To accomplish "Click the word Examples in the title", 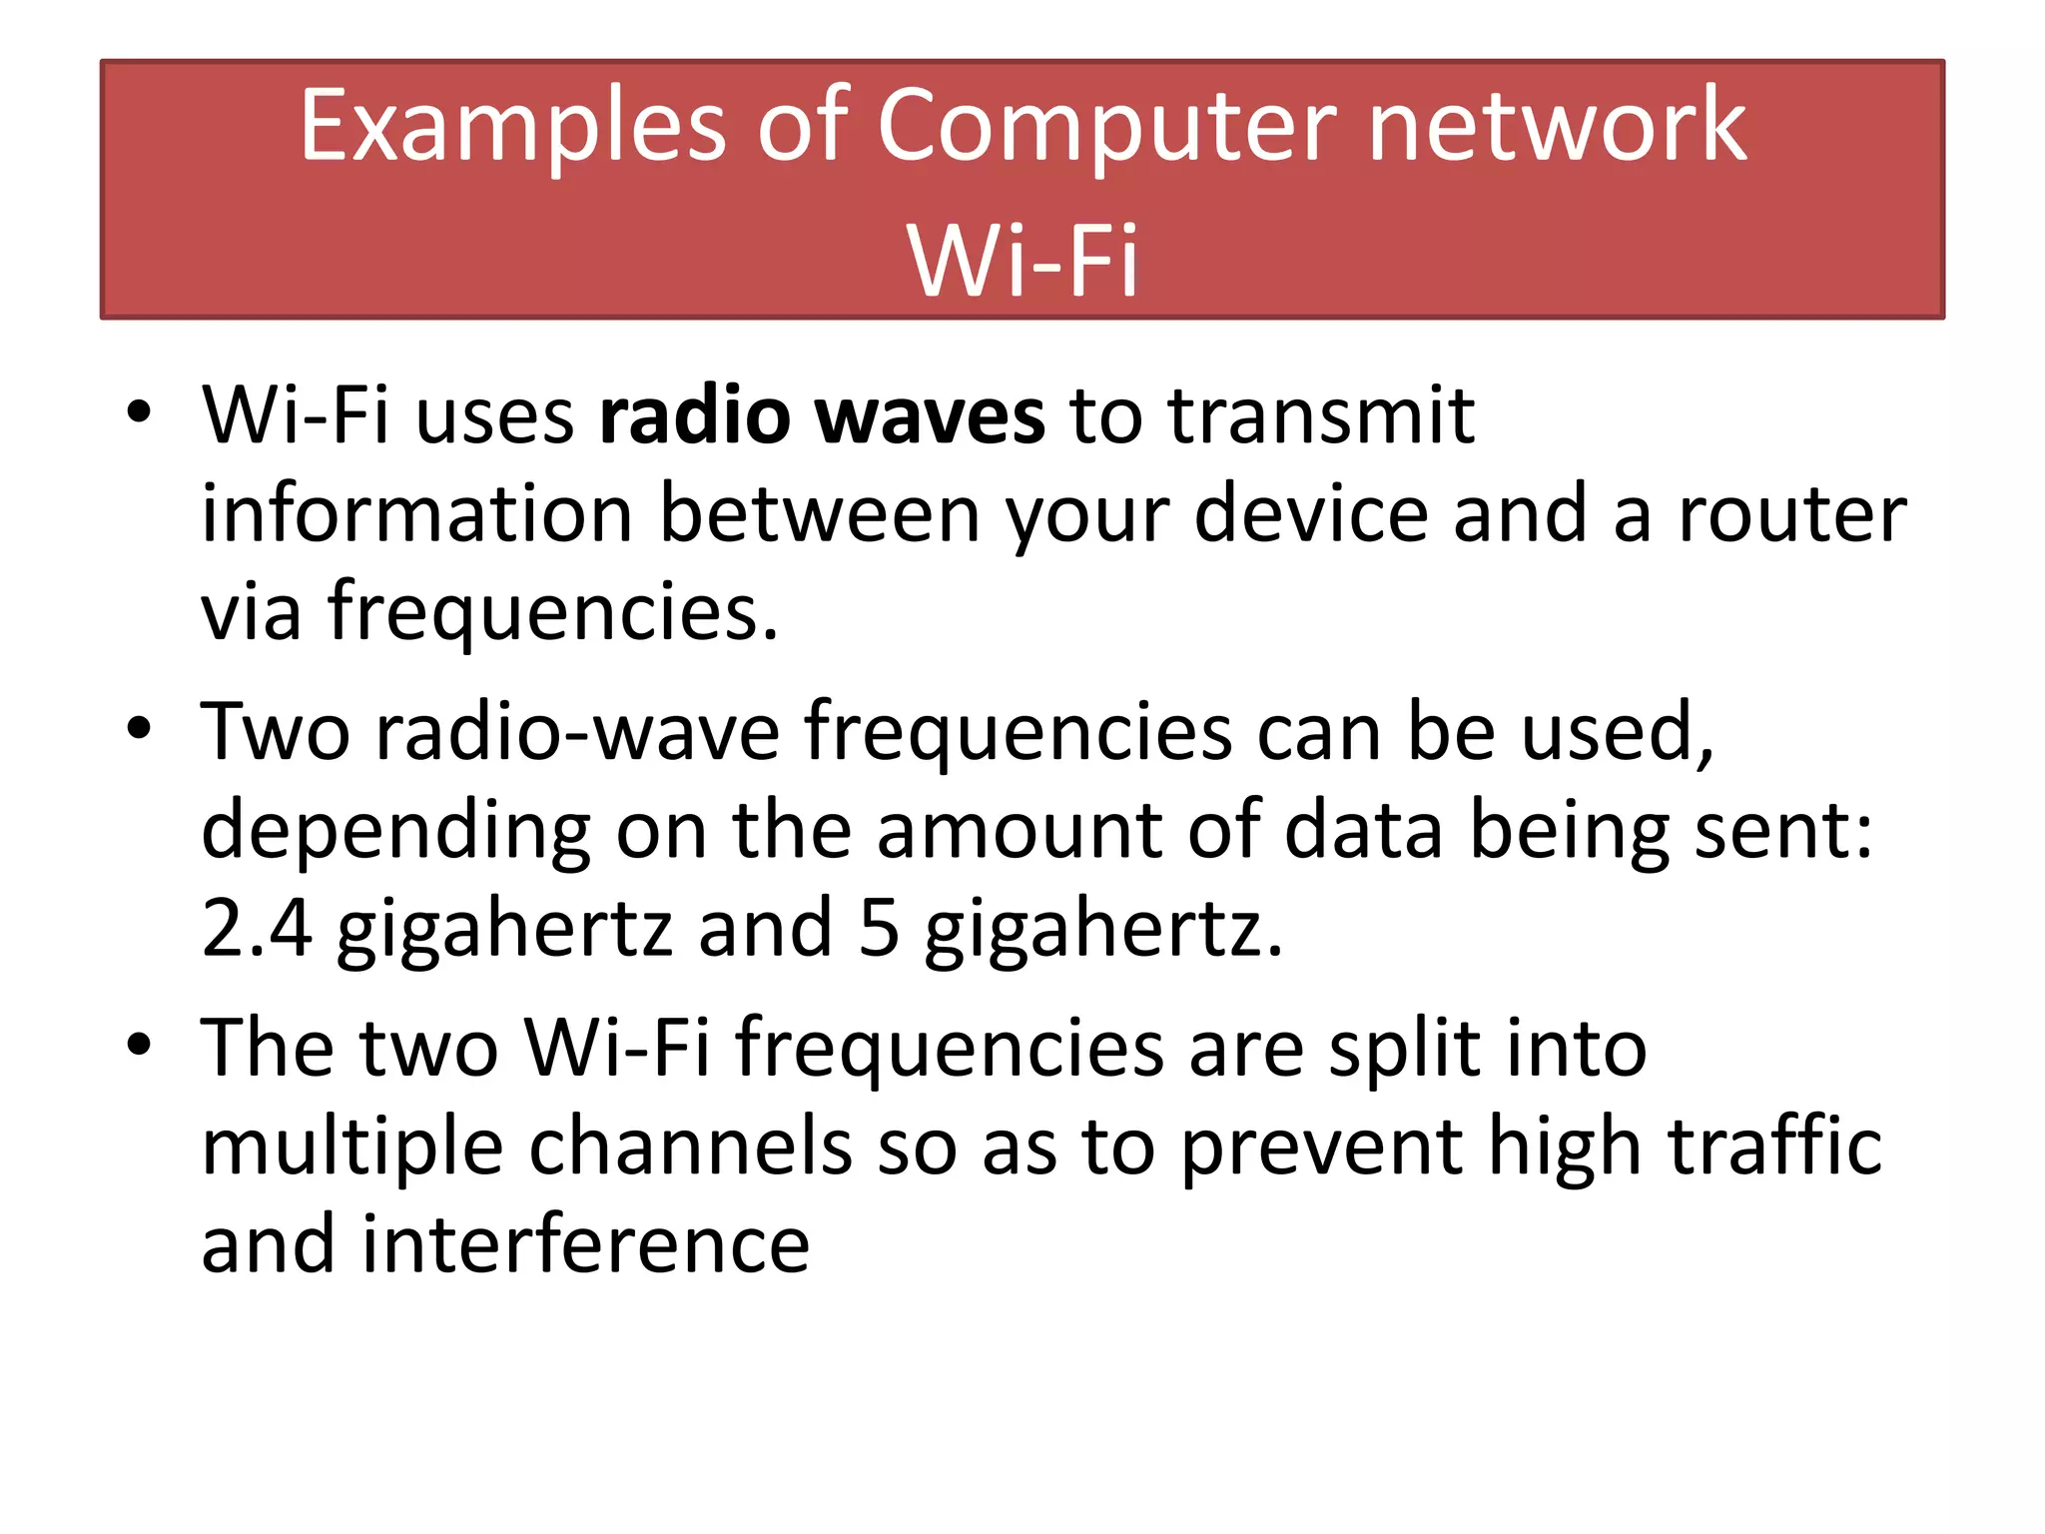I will (x=512, y=127).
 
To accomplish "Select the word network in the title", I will (x=1557, y=127).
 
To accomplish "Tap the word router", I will (x=1792, y=514).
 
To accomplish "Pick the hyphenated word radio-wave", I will (x=578, y=732).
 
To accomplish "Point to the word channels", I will (x=690, y=1147).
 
